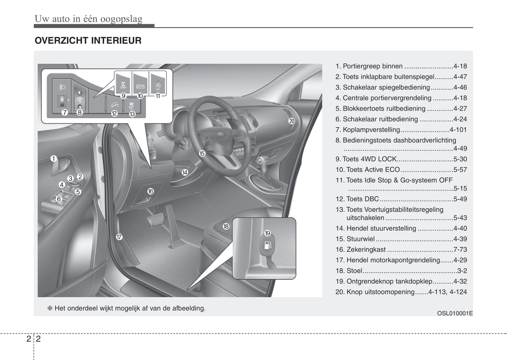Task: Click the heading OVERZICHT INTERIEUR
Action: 88,41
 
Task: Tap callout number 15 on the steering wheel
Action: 202,153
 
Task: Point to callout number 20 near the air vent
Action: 292,121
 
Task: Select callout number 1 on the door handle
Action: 54,159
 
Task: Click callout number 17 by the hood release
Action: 119,237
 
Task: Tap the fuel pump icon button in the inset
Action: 267,245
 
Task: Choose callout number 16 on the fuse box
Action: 151,191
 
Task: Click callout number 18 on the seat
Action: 226,226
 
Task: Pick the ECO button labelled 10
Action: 140,83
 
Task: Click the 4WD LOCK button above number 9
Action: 123,83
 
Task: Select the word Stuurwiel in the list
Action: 361,239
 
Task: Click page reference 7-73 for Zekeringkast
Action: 460,249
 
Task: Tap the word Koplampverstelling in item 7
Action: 371,130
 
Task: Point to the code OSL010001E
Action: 455,313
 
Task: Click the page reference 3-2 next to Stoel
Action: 462,271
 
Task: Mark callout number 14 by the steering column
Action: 185,172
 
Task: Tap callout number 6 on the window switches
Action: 59,199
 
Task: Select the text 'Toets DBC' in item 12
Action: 362,199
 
